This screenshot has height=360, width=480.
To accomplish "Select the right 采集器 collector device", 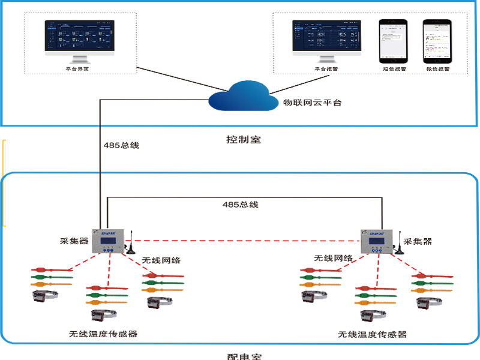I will click(x=376, y=242).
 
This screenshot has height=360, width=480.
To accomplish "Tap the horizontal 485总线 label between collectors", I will click(x=240, y=205).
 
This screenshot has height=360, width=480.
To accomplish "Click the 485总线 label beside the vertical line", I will click(x=122, y=145).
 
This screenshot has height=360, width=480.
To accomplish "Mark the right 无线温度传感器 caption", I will click(x=372, y=334).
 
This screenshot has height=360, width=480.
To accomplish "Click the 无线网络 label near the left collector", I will click(x=161, y=260).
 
